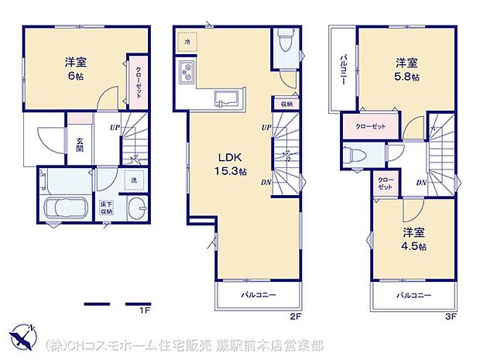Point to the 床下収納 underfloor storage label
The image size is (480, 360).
pos(105,207)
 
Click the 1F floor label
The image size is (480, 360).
pos(143,311)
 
